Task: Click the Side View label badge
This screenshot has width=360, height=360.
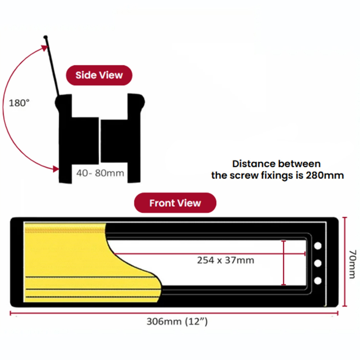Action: point(99,75)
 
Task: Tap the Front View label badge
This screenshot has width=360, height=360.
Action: point(175,203)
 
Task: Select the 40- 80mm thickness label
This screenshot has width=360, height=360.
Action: point(100,173)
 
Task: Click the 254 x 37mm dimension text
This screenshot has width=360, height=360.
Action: point(225,260)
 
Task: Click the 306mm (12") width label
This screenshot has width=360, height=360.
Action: point(177,321)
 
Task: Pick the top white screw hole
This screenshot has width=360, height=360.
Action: point(318,246)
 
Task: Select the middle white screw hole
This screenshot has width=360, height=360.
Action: point(318,264)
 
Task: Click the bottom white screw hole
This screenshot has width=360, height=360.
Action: point(318,281)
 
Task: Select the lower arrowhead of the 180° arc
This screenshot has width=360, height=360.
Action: point(55,168)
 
